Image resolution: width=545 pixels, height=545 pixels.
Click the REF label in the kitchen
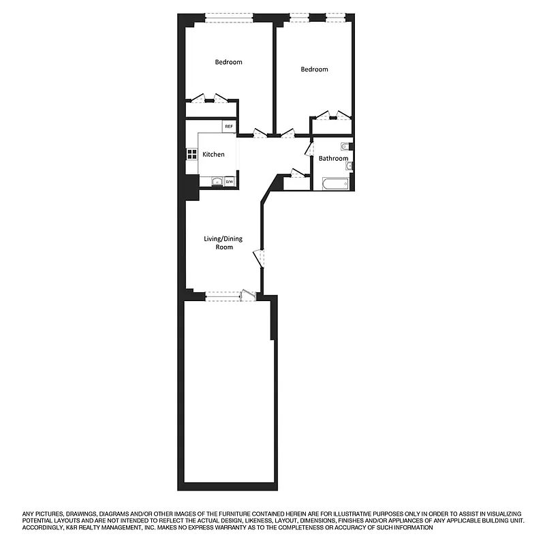229,127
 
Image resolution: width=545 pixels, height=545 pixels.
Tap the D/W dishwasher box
230,182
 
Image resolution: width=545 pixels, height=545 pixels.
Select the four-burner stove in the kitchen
190,155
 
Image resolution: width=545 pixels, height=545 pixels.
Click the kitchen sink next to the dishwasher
217,182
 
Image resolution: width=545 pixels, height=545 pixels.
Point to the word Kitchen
213,155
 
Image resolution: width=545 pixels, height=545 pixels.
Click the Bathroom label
333,159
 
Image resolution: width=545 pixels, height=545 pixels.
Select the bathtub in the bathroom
334,184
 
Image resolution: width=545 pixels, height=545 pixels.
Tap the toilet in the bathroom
345,146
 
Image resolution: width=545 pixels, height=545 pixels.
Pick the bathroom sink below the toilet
348,166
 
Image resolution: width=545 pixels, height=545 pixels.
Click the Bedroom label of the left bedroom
228,63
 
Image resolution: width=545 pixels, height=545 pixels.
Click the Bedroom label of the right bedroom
314,69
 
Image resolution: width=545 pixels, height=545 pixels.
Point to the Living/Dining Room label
223,243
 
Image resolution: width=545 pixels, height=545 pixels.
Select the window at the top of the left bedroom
230,17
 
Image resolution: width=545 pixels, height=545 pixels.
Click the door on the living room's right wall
258,260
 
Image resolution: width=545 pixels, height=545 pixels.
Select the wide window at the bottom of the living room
223,296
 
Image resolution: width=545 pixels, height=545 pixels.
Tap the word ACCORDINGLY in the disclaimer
44,527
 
